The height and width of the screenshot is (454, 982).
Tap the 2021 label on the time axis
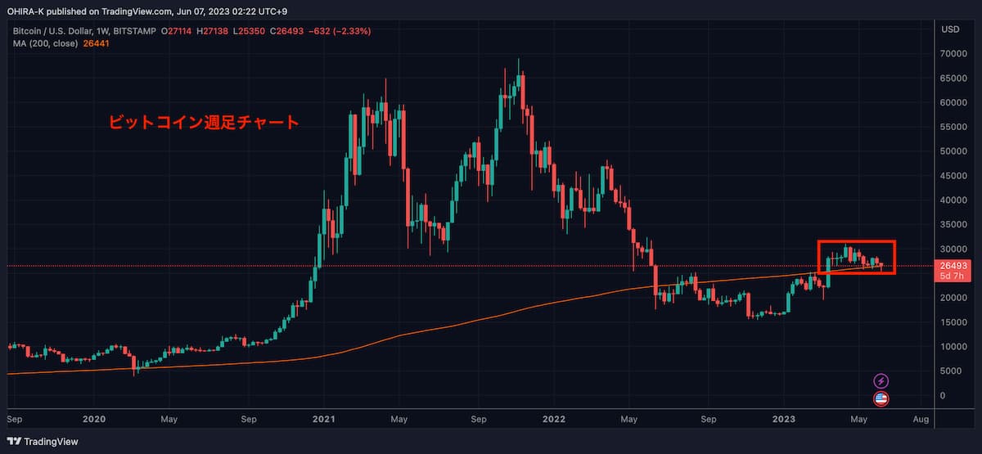(324, 419)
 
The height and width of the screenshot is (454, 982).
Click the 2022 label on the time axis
(554, 419)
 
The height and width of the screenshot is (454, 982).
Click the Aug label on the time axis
(920, 419)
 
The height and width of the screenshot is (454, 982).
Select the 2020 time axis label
(95, 419)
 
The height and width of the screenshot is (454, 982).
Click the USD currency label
(950, 29)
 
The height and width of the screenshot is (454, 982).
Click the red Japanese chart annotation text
(205, 123)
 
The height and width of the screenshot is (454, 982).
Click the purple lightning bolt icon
(881, 380)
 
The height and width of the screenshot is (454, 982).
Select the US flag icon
(881, 399)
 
